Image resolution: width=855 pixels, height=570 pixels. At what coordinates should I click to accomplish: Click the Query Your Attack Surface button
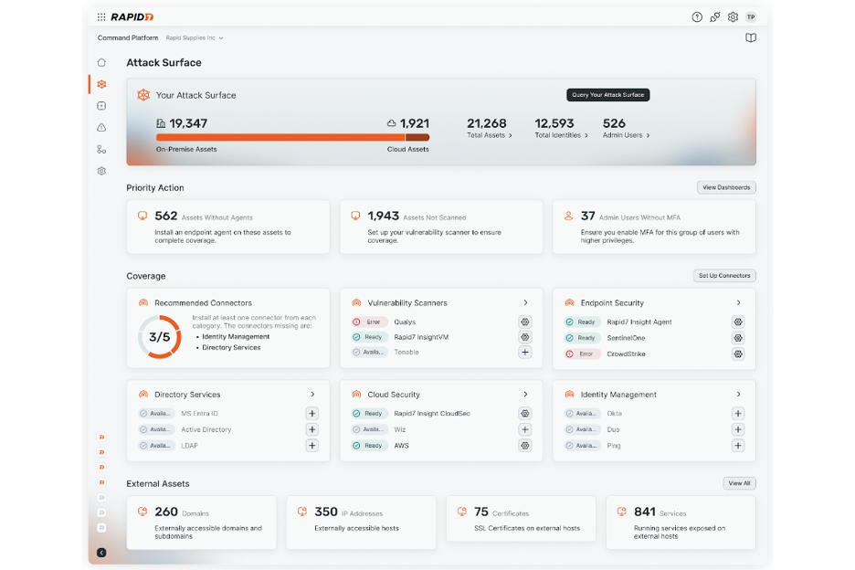click(x=607, y=95)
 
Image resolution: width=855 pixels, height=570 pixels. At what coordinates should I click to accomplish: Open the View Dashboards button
click(x=726, y=187)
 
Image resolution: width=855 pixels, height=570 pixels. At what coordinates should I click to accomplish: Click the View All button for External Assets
click(x=739, y=483)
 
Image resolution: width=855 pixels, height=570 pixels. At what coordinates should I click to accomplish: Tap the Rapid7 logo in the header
click(x=132, y=16)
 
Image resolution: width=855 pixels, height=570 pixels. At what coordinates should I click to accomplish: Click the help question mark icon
click(x=697, y=16)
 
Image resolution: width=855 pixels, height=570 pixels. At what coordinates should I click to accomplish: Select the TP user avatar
click(x=751, y=16)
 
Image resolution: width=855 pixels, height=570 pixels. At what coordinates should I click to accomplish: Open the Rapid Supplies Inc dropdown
click(x=195, y=38)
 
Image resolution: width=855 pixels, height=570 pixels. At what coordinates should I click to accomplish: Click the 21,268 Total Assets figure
click(x=486, y=123)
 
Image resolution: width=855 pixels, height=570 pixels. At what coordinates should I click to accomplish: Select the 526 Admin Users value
click(x=614, y=123)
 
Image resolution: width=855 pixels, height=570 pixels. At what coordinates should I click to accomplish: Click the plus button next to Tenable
click(x=525, y=352)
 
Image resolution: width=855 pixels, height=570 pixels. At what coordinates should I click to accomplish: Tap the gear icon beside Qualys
click(x=525, y=322)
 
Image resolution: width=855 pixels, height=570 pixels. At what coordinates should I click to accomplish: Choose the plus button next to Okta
click(x=738, y=413)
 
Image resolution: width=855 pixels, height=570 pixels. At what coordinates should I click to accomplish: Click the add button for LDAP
click(x=311, y=446)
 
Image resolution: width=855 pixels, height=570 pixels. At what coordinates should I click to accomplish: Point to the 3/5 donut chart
click(x=160, y=337)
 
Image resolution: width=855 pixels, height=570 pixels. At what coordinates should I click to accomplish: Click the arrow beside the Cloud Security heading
click(x=525, y=395)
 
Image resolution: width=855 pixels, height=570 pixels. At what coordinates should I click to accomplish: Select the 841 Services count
click(x=645, y=512)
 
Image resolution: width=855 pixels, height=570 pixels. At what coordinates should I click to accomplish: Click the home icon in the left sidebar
click(x=101, y=62)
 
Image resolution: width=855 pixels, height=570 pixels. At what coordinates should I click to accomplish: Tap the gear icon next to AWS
click(x=525, y=446)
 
